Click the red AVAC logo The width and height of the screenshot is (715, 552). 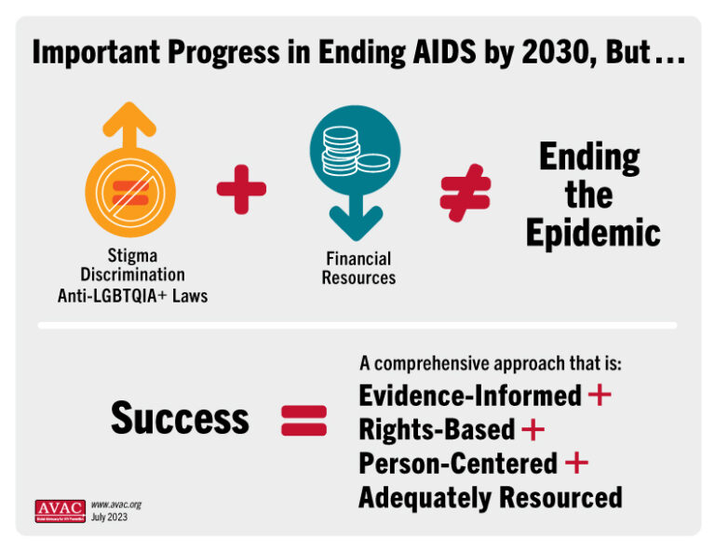(60, 510)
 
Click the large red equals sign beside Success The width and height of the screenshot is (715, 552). (304, 420)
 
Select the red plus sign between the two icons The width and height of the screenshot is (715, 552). (241, 189)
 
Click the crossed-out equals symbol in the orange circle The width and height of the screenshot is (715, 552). (131, 193)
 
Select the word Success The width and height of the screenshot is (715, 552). (180, 419)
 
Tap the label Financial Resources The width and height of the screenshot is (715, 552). (358, 268)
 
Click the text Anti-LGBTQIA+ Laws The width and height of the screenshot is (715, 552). (132, 296)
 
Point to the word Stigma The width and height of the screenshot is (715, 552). (131, 255)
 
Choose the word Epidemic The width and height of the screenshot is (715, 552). (592, 233)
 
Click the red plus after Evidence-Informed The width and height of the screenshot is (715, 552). (600, 395)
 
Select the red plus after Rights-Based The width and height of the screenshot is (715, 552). (533, 429)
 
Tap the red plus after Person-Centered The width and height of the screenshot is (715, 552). (576, 463)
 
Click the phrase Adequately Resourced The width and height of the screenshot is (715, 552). (490, 497)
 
